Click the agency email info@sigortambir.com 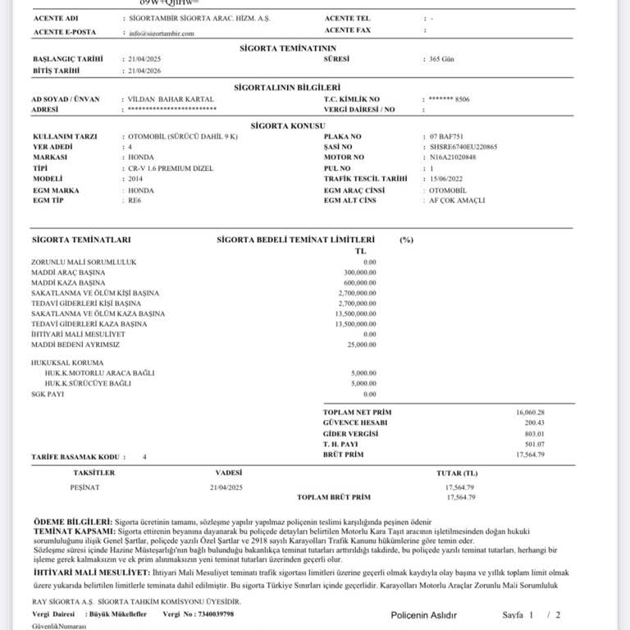162,34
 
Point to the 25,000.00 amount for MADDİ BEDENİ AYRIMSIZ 362,345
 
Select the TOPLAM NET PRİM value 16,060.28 530,412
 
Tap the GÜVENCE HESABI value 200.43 535,422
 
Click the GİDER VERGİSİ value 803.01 535,433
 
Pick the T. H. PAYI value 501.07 535,444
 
